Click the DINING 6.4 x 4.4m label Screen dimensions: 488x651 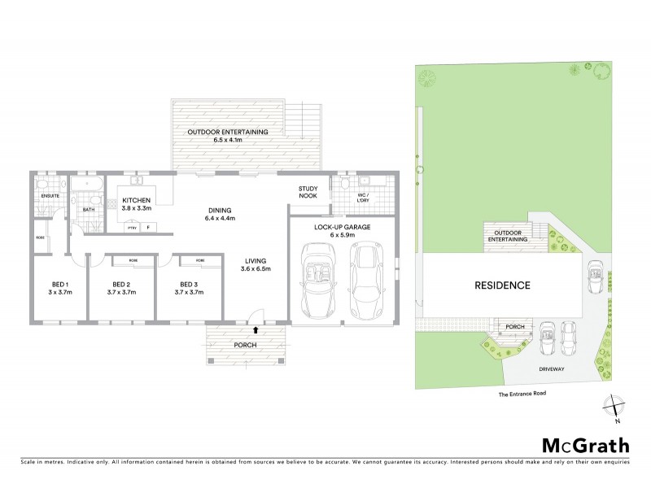pos(220,213)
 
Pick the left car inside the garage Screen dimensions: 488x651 pos(318,278)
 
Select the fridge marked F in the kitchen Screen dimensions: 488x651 pos(148,229)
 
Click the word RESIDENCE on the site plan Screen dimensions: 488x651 pos(503,285)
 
